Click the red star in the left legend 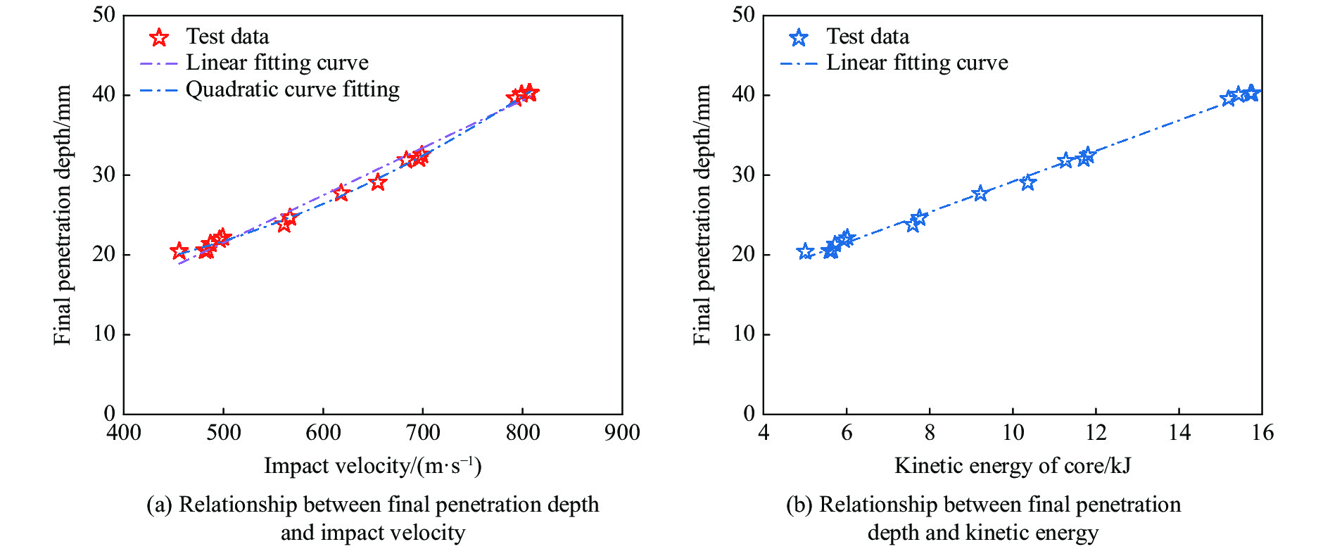click(160, 37)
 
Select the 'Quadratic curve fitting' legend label click(292, 89)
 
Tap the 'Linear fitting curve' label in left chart click(277, 63)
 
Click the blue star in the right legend click(799, 37)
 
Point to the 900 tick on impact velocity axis click(622, 432)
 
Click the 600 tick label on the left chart click(323, 432)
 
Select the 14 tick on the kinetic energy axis click(1179, 432)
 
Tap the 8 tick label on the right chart click(930, 432)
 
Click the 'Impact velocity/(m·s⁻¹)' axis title click(372, 466)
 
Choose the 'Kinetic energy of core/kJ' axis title click(1012, 466)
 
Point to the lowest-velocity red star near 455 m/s click(179, 251)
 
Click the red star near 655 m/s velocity click(378, 182)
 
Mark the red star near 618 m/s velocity click(341, 192)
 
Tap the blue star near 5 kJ click(806, 251)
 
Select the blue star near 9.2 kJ click(980, 193)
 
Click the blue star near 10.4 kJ click(1028, 182)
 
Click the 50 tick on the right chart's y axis click(743, 15)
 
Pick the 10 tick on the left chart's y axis click(104, 334)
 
